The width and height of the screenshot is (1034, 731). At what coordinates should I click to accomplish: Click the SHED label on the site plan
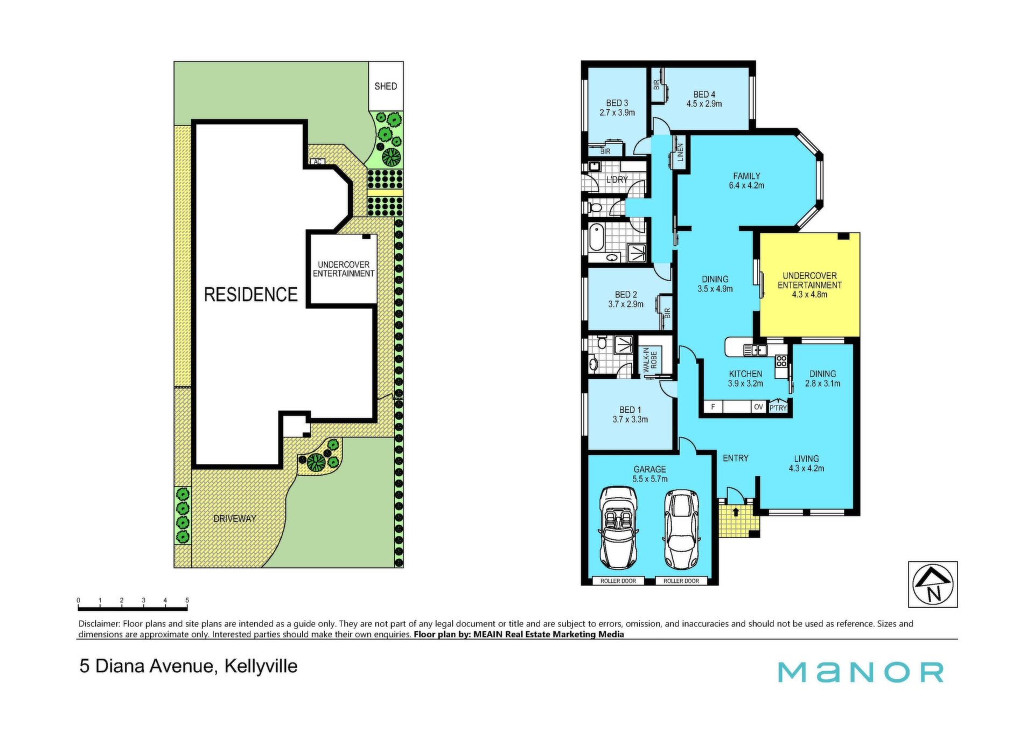pos(386,86)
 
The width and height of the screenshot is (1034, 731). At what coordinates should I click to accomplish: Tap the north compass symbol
pos(933,584)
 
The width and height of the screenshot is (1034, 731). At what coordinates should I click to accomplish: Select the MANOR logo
pos(861,672)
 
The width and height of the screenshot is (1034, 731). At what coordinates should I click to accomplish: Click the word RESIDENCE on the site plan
pos(250,294)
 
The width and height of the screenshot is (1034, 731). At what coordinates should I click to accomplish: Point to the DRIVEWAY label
pos(235,519)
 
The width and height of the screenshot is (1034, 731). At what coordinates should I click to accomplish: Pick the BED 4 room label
pos(704,94)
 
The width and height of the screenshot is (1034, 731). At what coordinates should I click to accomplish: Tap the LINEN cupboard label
pos(680,152)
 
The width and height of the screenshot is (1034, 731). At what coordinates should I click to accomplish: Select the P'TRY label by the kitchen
pos(778,408)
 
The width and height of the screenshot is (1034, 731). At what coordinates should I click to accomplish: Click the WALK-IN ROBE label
pos(650,360)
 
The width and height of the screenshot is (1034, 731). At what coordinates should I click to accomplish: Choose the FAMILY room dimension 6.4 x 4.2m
pos(746,185)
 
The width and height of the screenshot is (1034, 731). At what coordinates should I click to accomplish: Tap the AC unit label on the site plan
pos(318,162)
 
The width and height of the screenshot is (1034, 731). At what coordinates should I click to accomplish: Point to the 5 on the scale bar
pos(187,600)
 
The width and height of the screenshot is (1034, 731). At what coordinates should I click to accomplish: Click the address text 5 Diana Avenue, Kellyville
pos(188,666)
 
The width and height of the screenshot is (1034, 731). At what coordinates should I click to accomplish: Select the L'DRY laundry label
pos(617,179)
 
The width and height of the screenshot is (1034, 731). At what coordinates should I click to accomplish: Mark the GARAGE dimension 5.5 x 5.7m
pos(650,479)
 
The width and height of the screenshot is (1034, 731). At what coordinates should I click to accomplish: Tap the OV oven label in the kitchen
pos(758,407)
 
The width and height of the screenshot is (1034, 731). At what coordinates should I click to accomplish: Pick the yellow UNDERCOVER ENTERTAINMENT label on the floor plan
pos(809,280)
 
